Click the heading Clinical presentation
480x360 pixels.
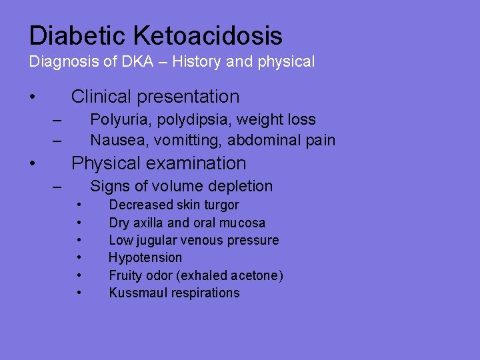pyautogui.click(x=155, y=97)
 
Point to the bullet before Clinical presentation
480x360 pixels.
pyautogui.click(x=32, y=97)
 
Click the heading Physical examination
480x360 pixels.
pyautogui.click(x=159, y=163)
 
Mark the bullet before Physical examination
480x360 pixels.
pyautogui.click(x=32, y=164)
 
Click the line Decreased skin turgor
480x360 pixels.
pyautogui.click(x=173, y=205)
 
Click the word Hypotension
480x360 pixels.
pyautogui.click(x=145, y=257)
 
